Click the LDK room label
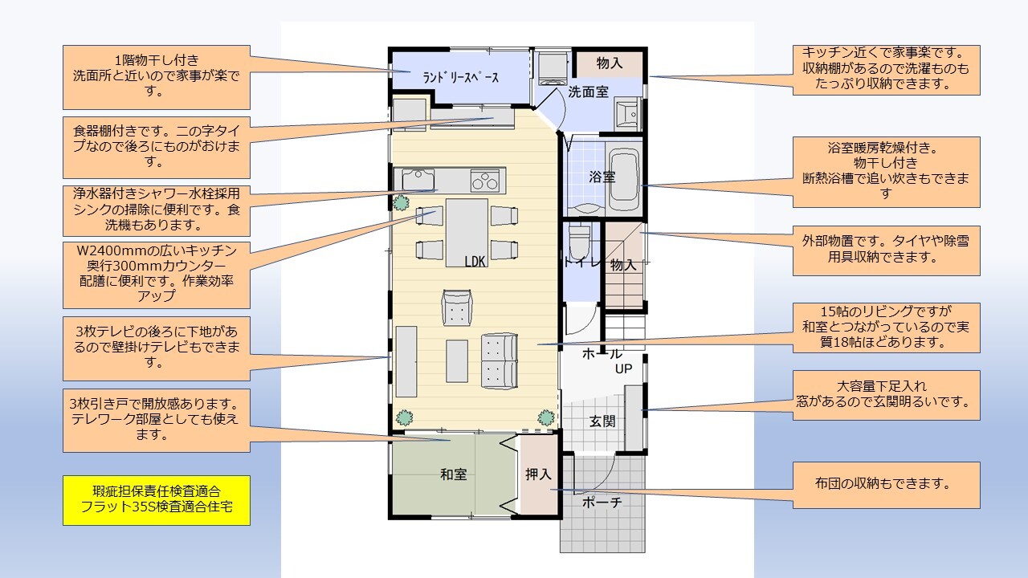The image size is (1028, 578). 475,261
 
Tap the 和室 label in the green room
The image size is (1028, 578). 454,474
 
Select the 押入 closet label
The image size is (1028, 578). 538,474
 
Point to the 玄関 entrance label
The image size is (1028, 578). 602,421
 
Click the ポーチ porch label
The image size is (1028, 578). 602,502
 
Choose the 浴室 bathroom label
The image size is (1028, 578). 602,177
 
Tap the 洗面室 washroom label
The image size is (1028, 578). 589,92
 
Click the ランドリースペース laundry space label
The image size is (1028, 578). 460,78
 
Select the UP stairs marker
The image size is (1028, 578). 623,368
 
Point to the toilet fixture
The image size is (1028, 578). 579,242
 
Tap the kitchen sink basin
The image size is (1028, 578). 418,179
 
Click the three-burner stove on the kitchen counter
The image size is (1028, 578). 485,180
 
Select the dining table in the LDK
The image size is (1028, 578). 467,233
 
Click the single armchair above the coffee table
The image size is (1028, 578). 457,307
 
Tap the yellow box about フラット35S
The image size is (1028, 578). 157,500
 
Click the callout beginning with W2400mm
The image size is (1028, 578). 157,275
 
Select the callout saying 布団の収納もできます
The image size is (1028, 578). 886,485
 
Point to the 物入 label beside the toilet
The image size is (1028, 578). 623,265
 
